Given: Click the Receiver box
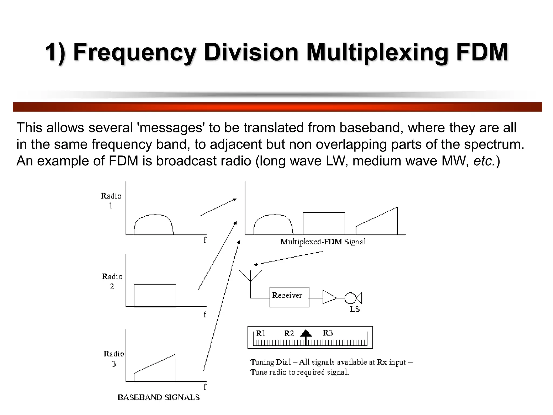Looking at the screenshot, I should tap(289, 297).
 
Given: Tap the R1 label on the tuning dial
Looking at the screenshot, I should tap(261, 333).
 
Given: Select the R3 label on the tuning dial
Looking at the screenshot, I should tap(328, 333).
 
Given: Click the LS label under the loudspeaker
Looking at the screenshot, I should tap(355, 309).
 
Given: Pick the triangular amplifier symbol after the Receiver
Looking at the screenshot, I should tap(329, 297).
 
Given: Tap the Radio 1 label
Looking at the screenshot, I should tap(111, 201).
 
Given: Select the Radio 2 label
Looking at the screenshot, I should tap(112, 281).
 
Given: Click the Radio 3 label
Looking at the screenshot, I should tap(114, 359).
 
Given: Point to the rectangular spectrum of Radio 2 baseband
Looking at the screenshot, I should tap(155, 295).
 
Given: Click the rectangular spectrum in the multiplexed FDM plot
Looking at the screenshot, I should tap(324, 223).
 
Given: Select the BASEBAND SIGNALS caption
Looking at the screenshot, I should tap(159, 397).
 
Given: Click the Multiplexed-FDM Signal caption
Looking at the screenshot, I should tap(323, 242).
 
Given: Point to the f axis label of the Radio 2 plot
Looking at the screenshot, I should tap(205, 314).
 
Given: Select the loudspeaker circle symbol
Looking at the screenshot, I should tap(350, 298).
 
